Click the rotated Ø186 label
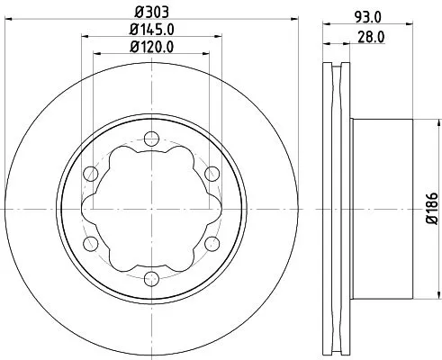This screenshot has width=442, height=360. pos(430,208)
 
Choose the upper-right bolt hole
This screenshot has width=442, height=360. pos(212,173)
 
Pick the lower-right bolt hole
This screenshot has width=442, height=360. pos(212,244)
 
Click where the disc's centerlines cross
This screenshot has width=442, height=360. pos(149,208)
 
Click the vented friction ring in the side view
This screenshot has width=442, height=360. pos(337,208)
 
